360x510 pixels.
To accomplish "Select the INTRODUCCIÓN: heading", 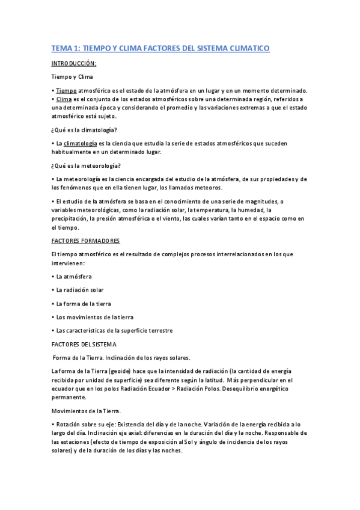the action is click(74, 63).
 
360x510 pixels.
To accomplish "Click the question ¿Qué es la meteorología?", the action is click(85, 165).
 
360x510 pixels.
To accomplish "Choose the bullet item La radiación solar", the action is click(79, 289).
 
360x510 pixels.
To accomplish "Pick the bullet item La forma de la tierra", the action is click(83, 304).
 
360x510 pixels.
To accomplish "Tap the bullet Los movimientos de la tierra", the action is click(94, 317).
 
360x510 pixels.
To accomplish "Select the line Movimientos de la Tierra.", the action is click(86, 411).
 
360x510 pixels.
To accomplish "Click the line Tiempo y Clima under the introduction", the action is click(72, 77).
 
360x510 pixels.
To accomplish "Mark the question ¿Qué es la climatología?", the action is click(85, 130).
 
